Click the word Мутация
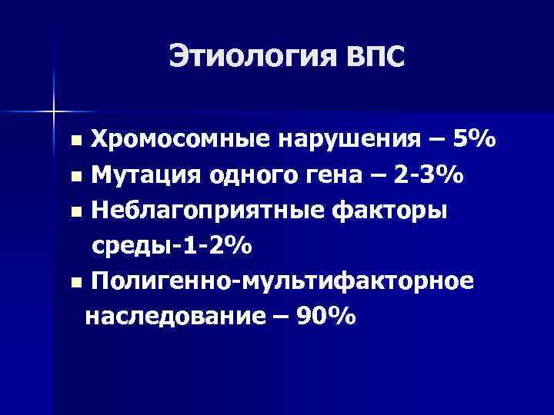[x=144, y=176]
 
